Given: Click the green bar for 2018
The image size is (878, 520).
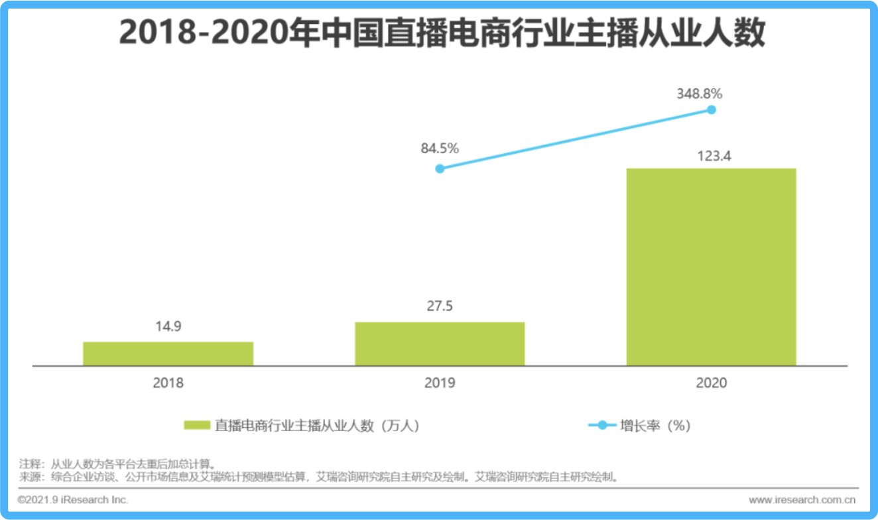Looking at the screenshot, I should point(168,354).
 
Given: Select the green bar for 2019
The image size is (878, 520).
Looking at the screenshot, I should point(440,344).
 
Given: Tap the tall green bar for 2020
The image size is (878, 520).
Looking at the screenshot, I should point(711,267).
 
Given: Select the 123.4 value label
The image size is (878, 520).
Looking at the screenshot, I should point(711,157).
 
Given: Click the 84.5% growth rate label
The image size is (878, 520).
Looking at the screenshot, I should point(440,149).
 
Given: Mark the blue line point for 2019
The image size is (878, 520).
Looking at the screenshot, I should point(440,168).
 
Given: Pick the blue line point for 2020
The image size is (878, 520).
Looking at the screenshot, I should point(712,109).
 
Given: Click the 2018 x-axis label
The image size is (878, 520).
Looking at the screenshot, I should point(168,383).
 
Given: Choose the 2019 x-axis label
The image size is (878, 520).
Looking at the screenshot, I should point(440,383).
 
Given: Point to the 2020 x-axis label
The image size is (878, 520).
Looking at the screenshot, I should point(711,383).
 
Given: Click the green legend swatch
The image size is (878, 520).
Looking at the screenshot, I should point(197,425).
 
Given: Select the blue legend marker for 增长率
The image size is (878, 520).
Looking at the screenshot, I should point(601,425).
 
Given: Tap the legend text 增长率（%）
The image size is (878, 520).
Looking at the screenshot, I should point(655,425).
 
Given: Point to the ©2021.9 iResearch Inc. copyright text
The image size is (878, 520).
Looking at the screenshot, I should point(74,499).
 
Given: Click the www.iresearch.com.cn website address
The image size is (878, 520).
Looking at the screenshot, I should point(802,499).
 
